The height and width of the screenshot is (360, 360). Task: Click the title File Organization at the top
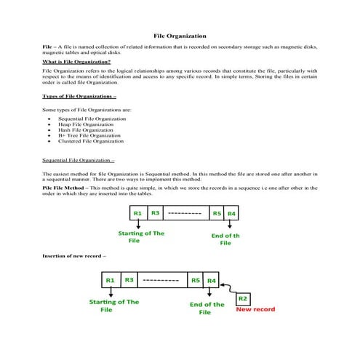180,36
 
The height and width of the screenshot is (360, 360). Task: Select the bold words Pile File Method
63,188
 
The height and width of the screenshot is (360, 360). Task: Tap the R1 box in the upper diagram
137,213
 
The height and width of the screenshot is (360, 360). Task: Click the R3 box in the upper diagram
155,213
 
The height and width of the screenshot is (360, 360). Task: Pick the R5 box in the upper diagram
217,214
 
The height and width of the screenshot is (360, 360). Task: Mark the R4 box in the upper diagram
232,214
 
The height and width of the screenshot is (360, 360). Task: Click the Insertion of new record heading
74,256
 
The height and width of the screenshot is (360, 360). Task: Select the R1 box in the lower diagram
110,280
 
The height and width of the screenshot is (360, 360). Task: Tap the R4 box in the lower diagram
212,280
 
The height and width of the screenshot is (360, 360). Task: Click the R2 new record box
244,298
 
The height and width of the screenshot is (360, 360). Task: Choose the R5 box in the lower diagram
195,280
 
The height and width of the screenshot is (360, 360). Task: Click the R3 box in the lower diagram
128,280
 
